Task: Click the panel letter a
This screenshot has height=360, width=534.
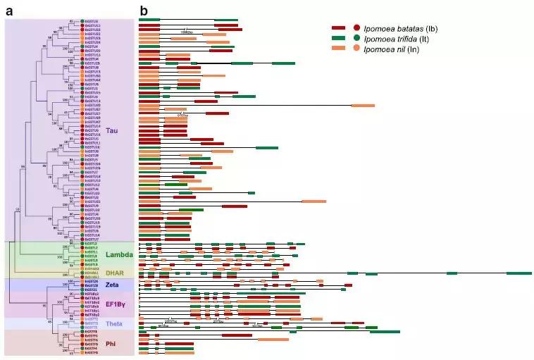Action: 9,11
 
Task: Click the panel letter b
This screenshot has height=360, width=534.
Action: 144,11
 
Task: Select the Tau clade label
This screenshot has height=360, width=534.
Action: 113,130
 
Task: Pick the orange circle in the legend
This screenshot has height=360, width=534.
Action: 357,47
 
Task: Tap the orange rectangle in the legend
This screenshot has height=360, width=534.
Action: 340,47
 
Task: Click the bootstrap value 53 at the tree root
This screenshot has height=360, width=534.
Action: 17,209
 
